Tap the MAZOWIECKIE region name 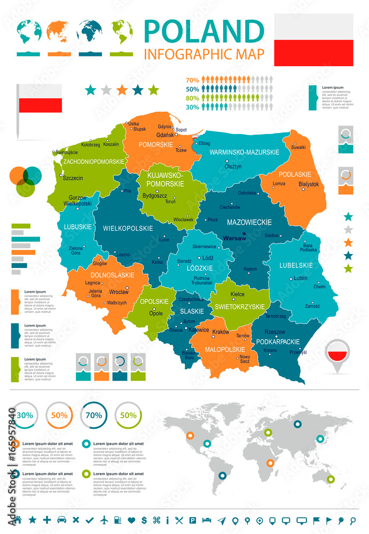[249, 222]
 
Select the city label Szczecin [73, 178]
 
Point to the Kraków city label [221, 332]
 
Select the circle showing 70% [93, 414]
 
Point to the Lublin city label [301, 278]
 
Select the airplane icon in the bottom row [104, 520]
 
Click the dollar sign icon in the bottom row [144, 520]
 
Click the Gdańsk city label [166, 136]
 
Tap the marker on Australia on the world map [331, 479]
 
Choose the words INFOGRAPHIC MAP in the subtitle [205, 54]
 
